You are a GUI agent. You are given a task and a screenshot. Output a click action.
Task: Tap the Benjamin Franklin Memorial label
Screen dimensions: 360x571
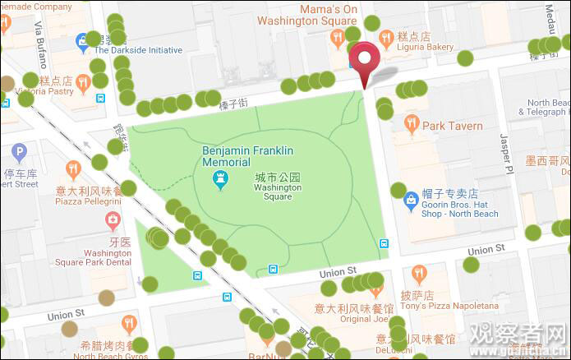(248, 156)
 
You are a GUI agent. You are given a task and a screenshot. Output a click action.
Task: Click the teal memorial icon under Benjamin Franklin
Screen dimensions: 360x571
(219, 182)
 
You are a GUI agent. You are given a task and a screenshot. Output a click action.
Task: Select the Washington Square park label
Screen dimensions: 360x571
(277, 187)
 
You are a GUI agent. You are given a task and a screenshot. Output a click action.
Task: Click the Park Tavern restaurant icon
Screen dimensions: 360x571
(412, 125)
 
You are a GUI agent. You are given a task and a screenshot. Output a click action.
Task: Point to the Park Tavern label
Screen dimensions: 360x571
(453, 126)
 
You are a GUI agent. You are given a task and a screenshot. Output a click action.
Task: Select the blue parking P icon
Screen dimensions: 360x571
(19, 151)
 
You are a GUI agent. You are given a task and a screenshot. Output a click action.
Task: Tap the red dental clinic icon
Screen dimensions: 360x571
(113, 219)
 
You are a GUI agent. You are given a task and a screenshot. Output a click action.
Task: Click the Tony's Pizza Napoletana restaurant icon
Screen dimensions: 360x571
(419, 273)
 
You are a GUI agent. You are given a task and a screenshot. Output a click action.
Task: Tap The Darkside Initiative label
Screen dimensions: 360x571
(137, 50)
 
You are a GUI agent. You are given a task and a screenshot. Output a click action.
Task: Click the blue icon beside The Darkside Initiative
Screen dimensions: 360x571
(82, 40)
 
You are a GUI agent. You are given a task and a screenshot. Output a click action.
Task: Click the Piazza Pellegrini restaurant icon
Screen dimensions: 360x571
(73, 170)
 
